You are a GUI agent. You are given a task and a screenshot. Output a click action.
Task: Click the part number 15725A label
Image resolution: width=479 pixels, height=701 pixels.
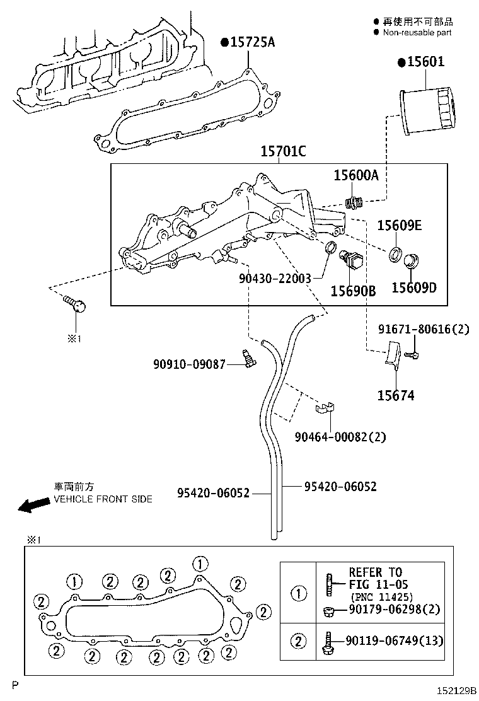tap(251, 42)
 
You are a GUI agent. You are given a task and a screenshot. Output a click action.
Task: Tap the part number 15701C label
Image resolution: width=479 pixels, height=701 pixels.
tap(284, 152)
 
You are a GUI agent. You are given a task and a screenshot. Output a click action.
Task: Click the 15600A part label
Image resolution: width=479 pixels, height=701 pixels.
tap(356, 176)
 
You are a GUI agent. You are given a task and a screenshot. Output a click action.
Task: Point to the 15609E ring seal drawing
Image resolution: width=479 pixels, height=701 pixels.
tap(395, 253)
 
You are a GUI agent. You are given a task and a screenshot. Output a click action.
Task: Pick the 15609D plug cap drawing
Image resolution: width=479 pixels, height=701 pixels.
tap(413, 260)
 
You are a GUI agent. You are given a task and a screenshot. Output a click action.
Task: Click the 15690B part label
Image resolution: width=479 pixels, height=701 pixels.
tap(353, 291)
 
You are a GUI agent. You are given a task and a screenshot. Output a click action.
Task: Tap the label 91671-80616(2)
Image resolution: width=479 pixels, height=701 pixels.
tap(424, 329)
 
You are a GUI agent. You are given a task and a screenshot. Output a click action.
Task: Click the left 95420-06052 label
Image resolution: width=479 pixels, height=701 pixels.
tap(213, 492)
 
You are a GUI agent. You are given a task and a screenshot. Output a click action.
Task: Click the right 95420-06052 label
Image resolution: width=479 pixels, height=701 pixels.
tap(340, 486)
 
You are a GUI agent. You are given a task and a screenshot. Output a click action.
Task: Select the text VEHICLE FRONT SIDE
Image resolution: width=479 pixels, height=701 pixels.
tap(103, 499)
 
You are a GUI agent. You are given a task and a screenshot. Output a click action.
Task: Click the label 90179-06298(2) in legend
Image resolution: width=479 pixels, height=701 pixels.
tap(395, 609)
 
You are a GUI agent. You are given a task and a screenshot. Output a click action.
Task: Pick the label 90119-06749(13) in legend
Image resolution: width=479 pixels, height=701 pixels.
tap(395, 641)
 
